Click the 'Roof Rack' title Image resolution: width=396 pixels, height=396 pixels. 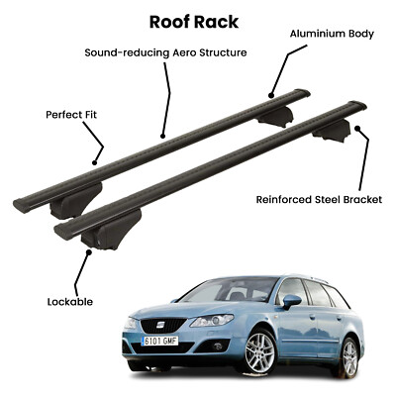pyautogui.click(x=194, y=22)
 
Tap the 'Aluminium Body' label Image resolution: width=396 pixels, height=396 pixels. pyautogui.click(x=332, y=34)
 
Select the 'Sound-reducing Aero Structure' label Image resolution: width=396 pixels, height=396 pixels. pyautogui.click(x=165, y=52)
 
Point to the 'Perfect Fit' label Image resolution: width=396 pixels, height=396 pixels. pyautogui.click(x=71, y=115)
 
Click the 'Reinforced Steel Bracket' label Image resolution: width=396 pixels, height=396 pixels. pyautogui.click(x=319, y=199)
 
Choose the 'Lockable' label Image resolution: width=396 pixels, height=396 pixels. pyautogui.click(x=70, y=302)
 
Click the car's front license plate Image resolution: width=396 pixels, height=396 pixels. pyautogui.click(x=159, y=341)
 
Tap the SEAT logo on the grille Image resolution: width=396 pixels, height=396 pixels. pyautogui.click(x=160, y=325)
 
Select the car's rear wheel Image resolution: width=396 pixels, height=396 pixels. pyautogui.click(x=349, y=355)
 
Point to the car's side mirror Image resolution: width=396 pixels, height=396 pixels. pyautogui.click(x=291, y=301)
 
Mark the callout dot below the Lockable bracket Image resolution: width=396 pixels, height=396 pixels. pyautogui.click(x=88, y=251)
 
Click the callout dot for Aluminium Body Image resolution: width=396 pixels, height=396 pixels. pyautogui.click(x=271, y=96)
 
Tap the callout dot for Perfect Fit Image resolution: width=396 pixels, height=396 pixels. pyautogui.click(x=95, y=162)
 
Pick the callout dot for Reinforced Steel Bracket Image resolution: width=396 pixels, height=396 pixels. pyautogui.click(x=357, y=128)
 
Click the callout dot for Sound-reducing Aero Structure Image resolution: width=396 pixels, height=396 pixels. pyautogui.click(x=162, y=136)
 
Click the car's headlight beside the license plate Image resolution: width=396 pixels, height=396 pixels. pyautogui.click(x=212, y=321)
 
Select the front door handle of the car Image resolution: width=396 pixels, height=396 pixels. pyautogui.click(x=312, y=317)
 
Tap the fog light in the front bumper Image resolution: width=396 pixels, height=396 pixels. pyautogui.click(x=217, y=346)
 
